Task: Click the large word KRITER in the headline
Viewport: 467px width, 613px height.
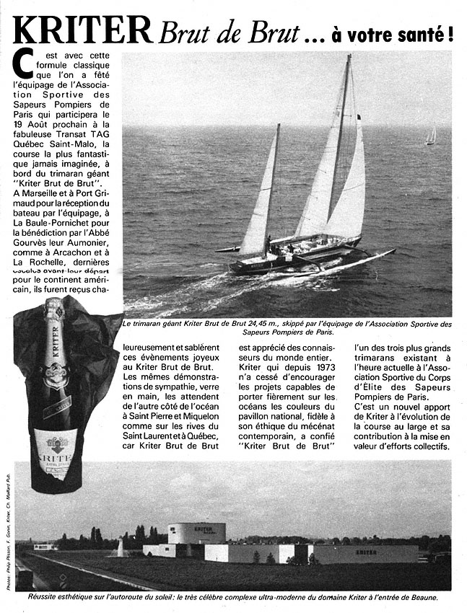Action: pos(82,30)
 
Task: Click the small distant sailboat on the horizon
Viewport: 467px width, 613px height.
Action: pos(431,135)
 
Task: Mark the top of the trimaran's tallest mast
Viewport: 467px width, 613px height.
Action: pos(349,56)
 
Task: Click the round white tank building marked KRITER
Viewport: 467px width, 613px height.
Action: pos(196,533)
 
